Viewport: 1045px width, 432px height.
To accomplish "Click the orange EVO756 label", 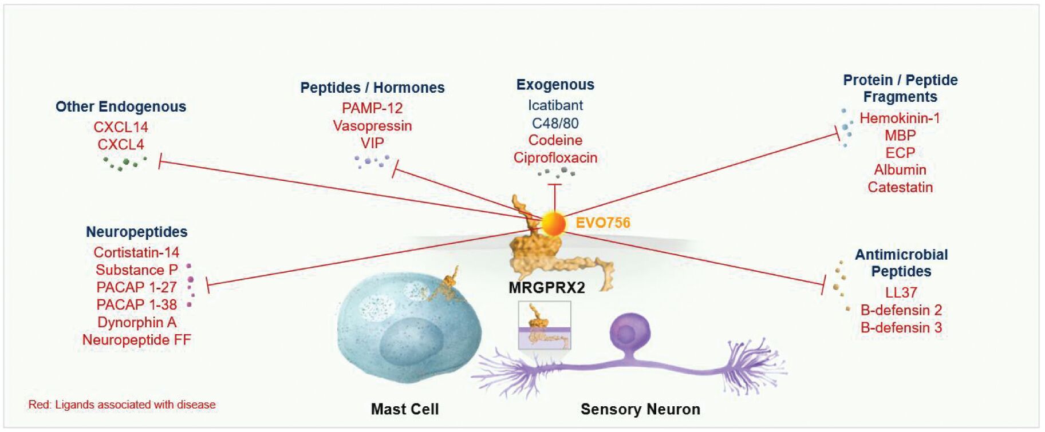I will [x=602, y=223].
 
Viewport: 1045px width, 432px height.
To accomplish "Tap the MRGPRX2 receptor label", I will [x=546, y=287].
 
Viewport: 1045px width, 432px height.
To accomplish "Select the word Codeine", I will [x=555, y=140].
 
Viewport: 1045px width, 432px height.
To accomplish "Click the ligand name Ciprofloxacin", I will [x=555, y=158].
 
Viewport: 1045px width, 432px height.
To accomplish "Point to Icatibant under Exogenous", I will [x=555, y=105].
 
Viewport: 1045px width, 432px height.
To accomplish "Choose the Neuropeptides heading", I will [x=136, y=232].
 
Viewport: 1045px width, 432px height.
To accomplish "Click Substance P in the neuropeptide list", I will [x=136, y=270].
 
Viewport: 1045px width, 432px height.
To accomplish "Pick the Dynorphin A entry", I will [x=136, y=322].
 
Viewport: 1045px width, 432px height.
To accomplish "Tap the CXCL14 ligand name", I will [x=120, y=127].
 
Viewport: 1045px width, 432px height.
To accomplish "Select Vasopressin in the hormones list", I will [x=372, y=126].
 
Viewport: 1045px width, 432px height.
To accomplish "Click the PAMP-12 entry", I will [x=372, y=108].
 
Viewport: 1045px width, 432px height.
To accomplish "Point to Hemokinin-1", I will [x=900, y=118].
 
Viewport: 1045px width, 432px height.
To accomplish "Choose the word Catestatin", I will [x=900, y=187].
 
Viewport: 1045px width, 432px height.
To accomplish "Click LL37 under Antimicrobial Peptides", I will [x=901, y=292].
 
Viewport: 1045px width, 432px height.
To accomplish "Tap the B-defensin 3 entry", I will [x=901, y=328].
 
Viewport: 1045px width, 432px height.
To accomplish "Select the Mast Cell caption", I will [x=404, y=409].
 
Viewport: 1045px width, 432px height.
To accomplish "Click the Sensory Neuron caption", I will [x=640, y=409].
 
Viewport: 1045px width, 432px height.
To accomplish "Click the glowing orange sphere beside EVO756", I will [x=553, y=224].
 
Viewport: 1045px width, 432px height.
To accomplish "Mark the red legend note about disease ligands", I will [x=122, y=405].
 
